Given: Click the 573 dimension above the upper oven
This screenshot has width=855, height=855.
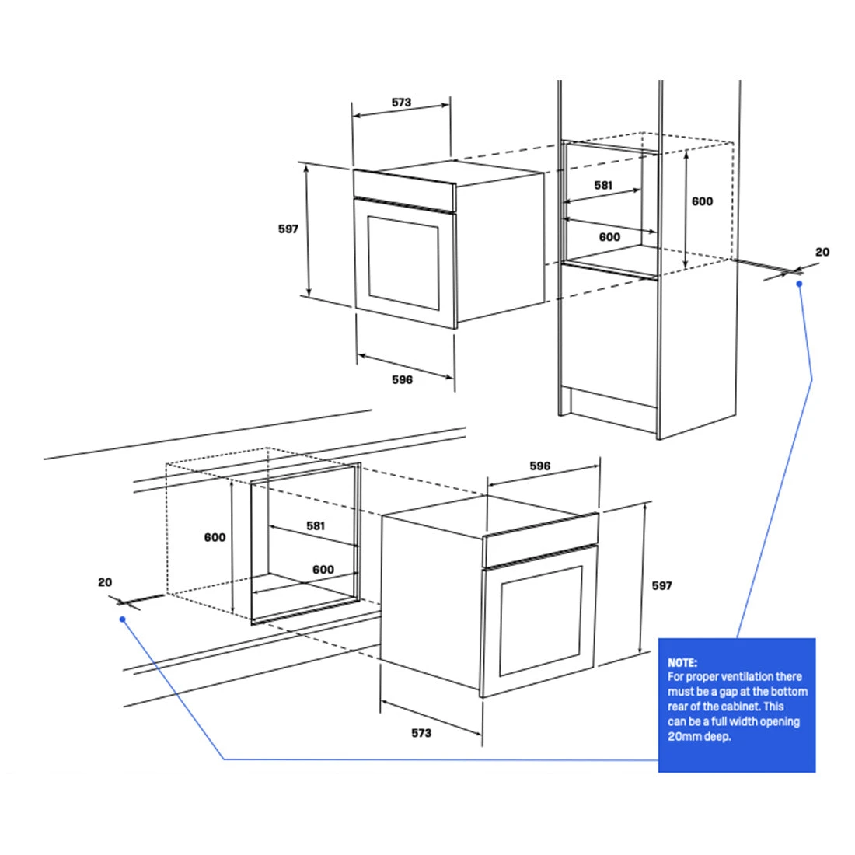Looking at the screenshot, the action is click(401, 103).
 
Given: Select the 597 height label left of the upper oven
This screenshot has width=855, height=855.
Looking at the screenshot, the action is click(288, 229).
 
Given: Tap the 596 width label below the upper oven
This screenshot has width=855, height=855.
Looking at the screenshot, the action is click(402, 379).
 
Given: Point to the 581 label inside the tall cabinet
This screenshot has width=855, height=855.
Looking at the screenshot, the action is click(603, 186).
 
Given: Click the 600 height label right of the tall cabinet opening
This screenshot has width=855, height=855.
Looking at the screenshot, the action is click(702, 202).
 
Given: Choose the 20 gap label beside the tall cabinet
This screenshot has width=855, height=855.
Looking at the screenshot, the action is click(822, 252).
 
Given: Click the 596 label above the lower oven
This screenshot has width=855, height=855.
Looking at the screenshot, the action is click(540, 466).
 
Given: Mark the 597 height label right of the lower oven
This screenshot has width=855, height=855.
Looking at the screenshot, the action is click(662, 585).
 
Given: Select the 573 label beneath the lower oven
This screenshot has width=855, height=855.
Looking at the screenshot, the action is click(421, 733).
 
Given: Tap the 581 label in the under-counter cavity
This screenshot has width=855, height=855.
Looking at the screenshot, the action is click(316, 525).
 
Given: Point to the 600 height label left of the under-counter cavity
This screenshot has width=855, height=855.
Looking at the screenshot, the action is click(215, 538).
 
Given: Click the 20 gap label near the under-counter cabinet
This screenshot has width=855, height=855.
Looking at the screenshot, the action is click(105, 582).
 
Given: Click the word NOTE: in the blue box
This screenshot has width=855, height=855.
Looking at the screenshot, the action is click(682, 662).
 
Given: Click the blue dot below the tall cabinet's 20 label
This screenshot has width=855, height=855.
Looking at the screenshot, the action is click(799, 284).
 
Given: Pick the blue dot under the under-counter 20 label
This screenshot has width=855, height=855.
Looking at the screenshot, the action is click(123, 619).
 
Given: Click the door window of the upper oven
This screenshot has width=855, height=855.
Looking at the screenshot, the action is click(403, 263).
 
